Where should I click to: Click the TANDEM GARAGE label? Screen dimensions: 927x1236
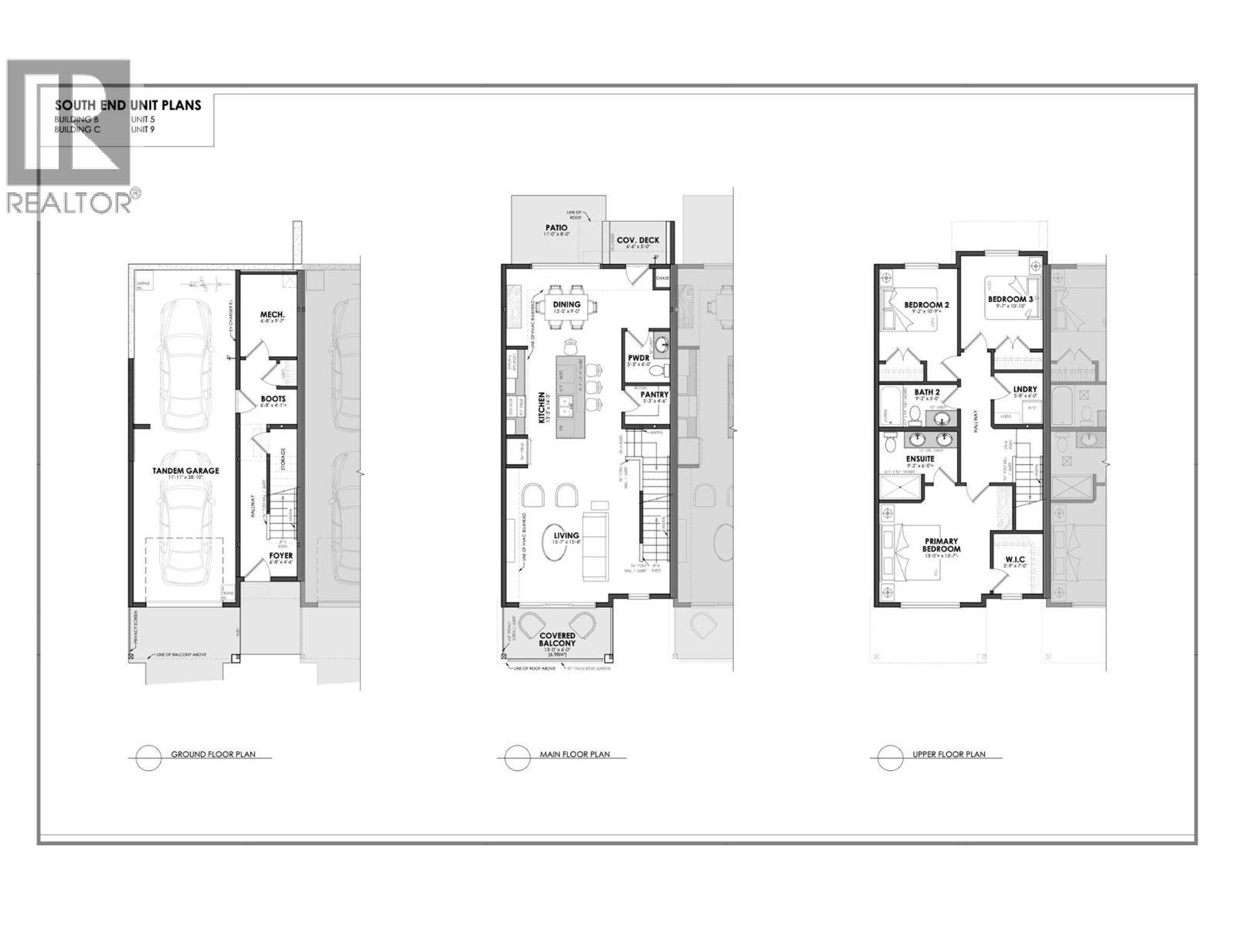(x=185, y=470)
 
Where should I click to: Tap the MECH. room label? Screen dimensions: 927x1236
(x=273, y=314)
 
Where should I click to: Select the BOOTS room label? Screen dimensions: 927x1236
(x=273, y=399)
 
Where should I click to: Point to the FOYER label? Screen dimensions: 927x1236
(x=281, y=555)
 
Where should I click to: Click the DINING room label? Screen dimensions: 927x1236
(x=566, y=304)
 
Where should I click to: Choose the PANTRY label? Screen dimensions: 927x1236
(x=654, y=394)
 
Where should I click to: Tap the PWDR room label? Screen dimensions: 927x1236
(x=638, y=357)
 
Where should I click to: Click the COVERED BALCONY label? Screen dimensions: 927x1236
(x=557, y=639)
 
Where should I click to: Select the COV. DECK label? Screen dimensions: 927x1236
(x=637, y=240)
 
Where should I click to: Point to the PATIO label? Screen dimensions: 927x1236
(x=555, y=228)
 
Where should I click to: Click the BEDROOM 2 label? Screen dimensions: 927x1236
(x=926, y=305)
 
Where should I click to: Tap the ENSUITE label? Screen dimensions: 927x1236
(x=919, y=458)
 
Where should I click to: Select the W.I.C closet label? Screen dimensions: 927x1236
(x=1014, y=559)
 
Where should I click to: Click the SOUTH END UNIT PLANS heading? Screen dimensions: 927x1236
(x=127, y=106)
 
